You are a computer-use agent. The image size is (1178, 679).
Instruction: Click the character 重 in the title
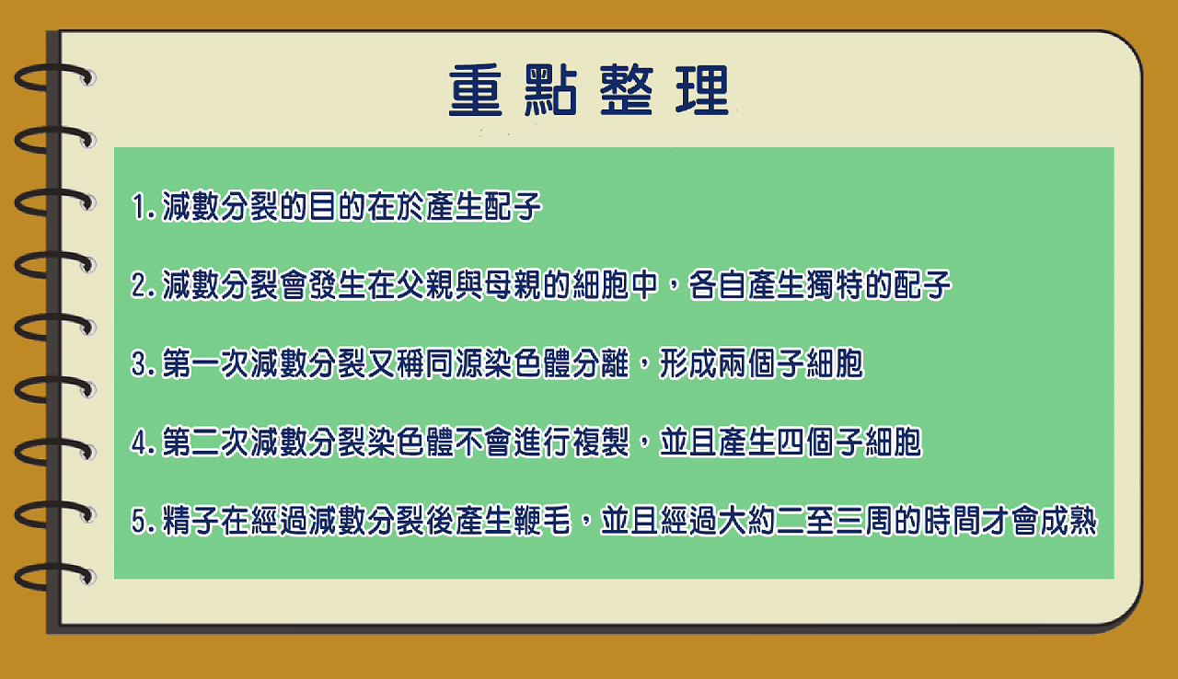click(x=476, y=90)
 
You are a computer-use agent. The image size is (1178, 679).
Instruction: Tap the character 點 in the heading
click(x=551, y=90)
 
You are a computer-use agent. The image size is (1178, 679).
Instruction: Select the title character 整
click(x=627, y=90)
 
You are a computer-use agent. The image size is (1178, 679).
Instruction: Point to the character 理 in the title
click(x=702, y=90)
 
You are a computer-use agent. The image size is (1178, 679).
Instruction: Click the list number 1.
click(x=139, y=206)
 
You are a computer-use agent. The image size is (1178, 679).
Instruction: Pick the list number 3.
click(x=139, y=363)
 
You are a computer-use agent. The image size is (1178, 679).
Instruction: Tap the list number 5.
click(x=139, y=521)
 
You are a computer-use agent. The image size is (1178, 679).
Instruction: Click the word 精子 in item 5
click(x=191, y=521)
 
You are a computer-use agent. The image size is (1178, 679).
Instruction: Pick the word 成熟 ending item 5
click(x=1068, y=521)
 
